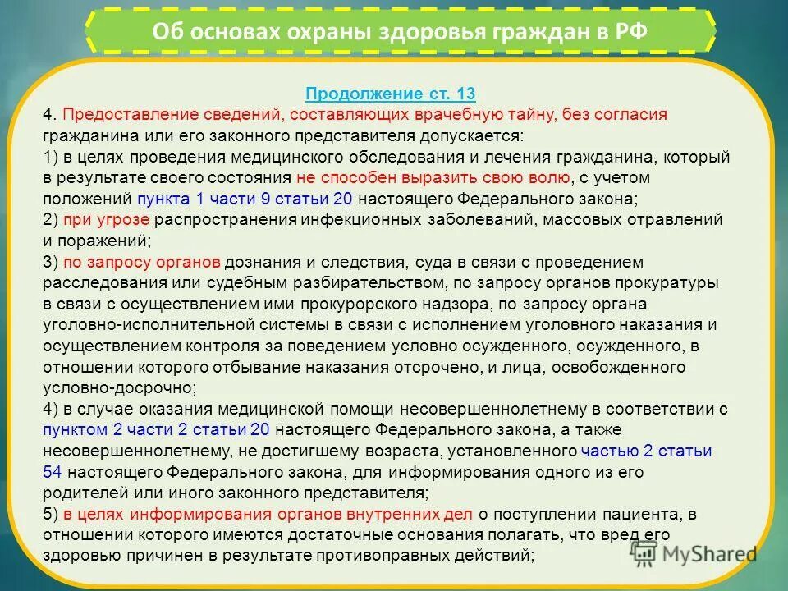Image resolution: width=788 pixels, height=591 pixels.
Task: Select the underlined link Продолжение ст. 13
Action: coord(391,94)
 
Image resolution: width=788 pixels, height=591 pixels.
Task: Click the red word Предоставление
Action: coord(113,115)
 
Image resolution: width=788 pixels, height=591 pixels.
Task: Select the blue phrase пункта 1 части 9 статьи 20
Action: coord(245,199)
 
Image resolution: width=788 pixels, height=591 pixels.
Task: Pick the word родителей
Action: coord(85,492)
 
